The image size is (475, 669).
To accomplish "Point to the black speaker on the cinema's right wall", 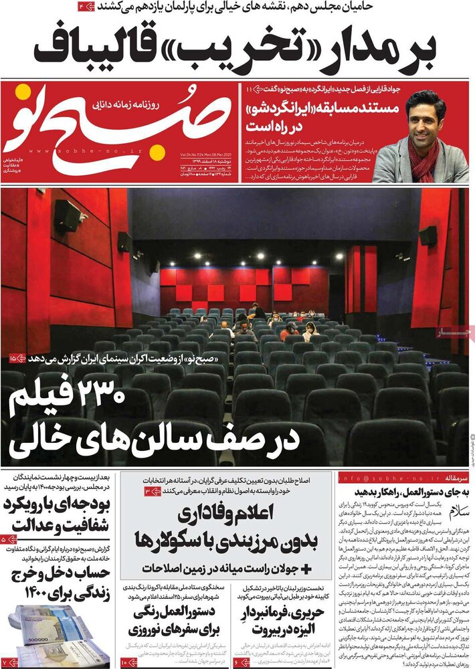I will tap(428, 235).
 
